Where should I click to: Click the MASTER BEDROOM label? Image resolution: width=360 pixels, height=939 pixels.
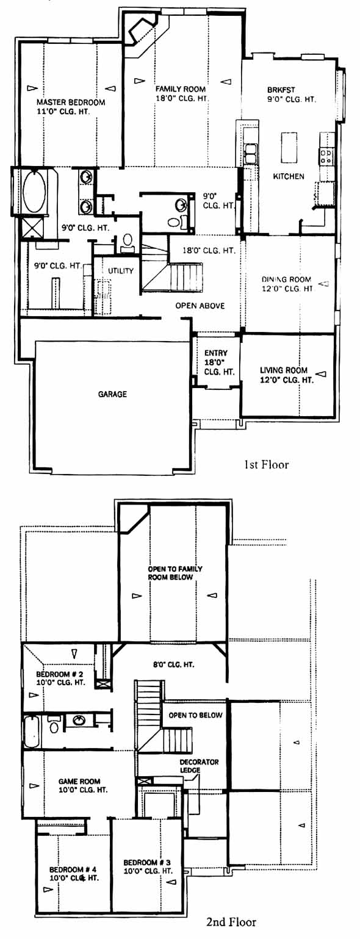(71, 102)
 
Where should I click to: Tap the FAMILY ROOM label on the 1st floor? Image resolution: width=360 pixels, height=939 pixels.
(181, 89)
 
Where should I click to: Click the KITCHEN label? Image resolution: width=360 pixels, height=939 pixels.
(289, 176)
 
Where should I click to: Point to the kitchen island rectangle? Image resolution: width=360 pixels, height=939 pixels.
(289, 148)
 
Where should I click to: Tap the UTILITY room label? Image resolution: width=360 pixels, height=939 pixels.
(121, 271)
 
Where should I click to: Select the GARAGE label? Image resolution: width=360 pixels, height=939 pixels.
(112, 394)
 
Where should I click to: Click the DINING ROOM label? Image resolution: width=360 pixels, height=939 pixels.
(287, 279)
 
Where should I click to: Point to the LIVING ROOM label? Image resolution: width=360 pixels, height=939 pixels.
(284, 370)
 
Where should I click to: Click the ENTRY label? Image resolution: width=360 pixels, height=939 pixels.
(216, 353)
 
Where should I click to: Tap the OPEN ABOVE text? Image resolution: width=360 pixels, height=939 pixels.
(200, 306)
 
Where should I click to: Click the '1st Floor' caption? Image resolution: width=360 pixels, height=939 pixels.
(267, 464)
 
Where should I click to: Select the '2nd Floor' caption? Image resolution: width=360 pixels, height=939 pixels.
(231, 921)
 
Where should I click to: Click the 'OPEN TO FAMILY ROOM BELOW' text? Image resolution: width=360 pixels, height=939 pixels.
(175, 573)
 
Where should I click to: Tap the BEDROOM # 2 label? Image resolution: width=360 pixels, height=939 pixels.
(60, 674)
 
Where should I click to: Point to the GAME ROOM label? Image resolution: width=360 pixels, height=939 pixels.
(79, 782)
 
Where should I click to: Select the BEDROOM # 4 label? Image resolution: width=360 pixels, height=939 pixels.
(73, 869)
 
